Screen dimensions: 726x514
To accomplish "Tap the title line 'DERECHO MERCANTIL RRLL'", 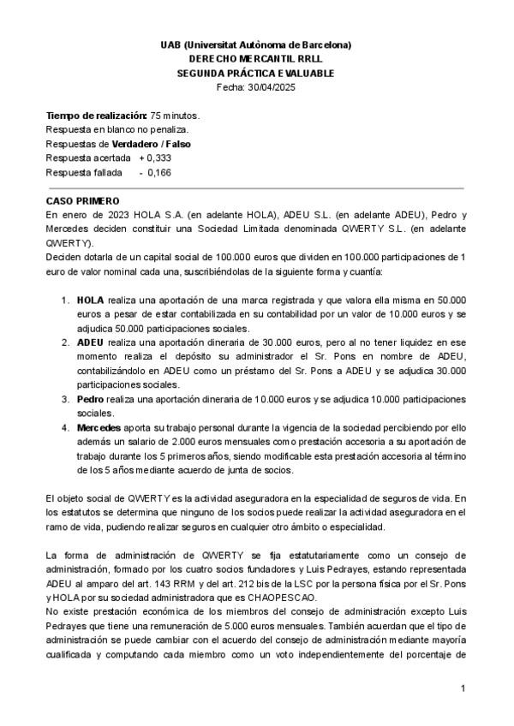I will point(255,58).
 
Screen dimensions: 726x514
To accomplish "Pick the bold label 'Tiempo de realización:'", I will point(96,115).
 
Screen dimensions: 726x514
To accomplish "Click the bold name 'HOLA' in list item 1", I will point(89,301).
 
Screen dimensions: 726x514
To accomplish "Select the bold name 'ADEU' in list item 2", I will point(90,342).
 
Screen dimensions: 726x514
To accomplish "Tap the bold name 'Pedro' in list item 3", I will point(90,399).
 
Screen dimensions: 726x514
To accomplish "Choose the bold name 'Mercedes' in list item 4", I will point(99,426).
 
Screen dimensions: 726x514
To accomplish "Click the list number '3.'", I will point(65,399).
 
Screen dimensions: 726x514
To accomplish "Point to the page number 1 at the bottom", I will point(462,688).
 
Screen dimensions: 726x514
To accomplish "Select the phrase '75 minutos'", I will point(175,115).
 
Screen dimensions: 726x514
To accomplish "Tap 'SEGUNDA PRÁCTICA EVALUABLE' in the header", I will point(255,73).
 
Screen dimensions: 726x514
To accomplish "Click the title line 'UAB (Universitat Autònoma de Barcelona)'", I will point(255,44).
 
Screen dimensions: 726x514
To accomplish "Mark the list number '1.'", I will point(65,301).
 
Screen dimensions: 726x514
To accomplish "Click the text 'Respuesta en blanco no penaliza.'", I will point(117,129).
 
